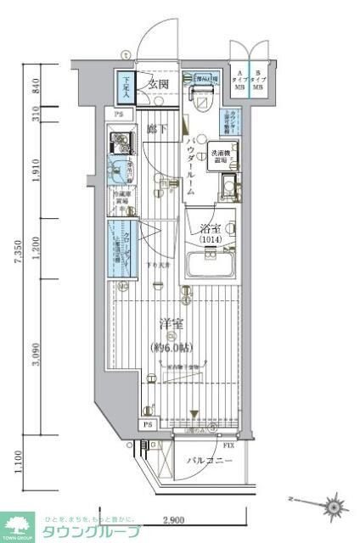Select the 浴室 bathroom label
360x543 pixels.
pos(210,228)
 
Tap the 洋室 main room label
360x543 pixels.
pos(169,323)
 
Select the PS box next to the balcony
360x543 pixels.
pos(147,424)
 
